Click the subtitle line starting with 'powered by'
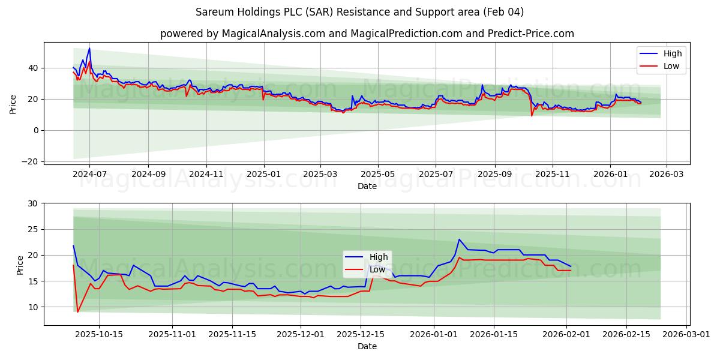point(367,34)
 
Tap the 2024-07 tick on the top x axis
point(89,174)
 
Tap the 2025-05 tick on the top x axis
point(378,174)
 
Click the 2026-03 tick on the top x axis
point(667,174)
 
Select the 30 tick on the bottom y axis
point(32,203)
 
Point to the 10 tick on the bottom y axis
point(32,307)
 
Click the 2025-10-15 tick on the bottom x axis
point(100,335)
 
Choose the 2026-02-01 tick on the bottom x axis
point(567,335)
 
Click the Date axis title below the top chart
point(367,186)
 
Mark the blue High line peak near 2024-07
point(89,49)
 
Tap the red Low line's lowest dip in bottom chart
point(77,312)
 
